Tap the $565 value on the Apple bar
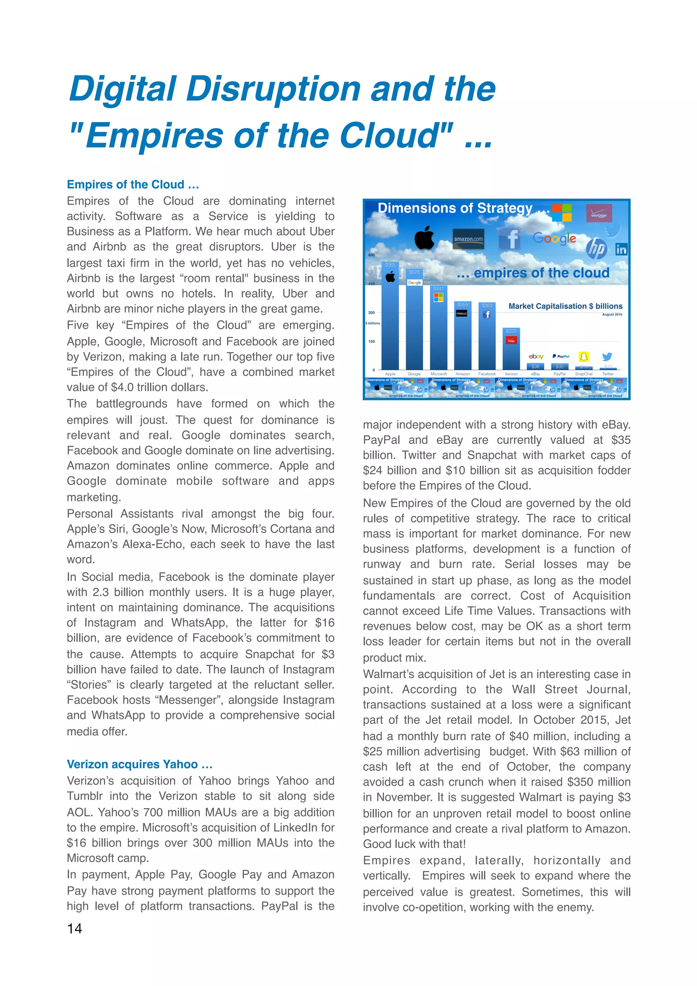point(390,265)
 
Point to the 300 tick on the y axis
point(371,313)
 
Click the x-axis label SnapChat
point(584,374)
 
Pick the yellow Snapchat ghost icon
point(584,356)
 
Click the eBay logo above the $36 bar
point(536,356)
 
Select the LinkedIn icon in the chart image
point(621,250)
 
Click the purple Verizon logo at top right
point(599,213)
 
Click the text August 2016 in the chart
point(612,314)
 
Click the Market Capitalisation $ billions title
point(565,306)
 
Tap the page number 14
point(74,929)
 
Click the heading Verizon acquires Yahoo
point(140,764)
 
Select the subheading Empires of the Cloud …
point(133,185)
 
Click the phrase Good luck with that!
point(414,844)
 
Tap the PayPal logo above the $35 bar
point(561,356)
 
